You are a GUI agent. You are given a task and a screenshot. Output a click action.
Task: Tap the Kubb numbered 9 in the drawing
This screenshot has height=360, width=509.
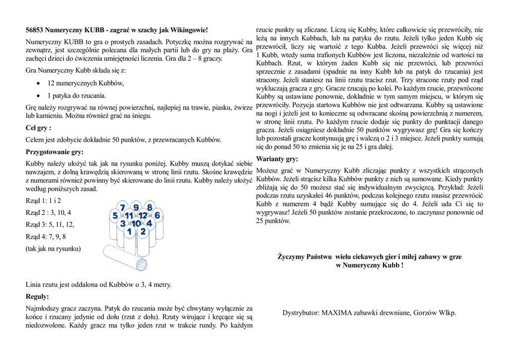(x=136, y=207)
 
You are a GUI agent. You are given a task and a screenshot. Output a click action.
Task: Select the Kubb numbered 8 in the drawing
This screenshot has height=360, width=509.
(x=149, y=207)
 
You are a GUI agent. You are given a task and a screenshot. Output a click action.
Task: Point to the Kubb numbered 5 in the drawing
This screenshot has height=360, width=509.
(x=115, y=216)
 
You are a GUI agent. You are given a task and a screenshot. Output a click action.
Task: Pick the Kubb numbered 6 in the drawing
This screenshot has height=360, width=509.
(x=157, y=215)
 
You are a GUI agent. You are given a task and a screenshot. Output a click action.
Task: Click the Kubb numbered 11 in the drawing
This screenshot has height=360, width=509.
(x=129, y=216)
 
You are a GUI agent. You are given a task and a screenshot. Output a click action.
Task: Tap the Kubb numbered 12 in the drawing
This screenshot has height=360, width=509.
(x=143, y=216)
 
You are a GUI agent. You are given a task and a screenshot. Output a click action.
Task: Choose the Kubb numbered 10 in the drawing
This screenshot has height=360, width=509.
(x=136, y=224)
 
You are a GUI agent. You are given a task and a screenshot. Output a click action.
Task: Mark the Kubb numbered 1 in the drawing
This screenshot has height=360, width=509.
(x=129, y=231)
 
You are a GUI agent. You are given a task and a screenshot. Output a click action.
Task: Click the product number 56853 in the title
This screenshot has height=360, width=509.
(x=35, y=30)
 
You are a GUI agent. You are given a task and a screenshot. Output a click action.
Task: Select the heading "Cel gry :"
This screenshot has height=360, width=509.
(x=38, y=128)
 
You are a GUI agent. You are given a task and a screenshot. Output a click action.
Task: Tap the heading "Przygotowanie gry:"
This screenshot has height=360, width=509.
(x=54, y=152)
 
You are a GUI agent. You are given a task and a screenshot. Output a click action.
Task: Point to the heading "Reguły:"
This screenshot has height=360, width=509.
(x=37, y=296)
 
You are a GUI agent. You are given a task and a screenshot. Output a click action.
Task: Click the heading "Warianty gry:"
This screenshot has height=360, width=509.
(x=277, y=159)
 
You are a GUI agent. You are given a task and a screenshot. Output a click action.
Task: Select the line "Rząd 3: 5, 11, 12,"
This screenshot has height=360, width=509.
(x=50, y=224)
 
